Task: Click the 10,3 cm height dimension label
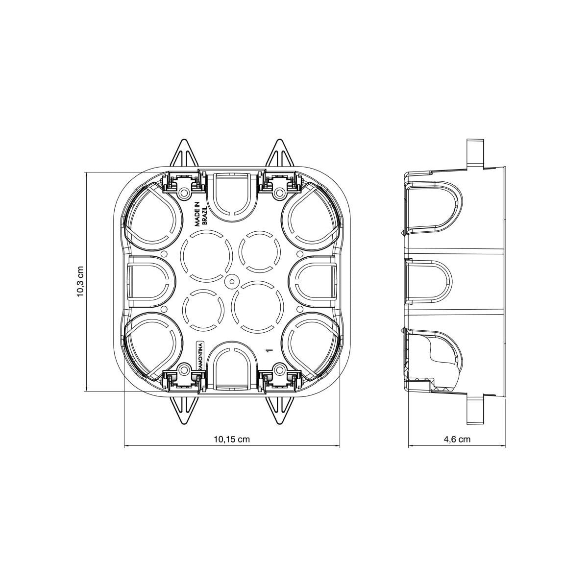click(x=80, y=282)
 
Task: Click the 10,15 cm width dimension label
click(x=232, y=440)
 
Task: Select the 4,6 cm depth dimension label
click(x=457, y=440)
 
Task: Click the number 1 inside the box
click(x=268, y=350)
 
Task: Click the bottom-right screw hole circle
click(x=280, y=368)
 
